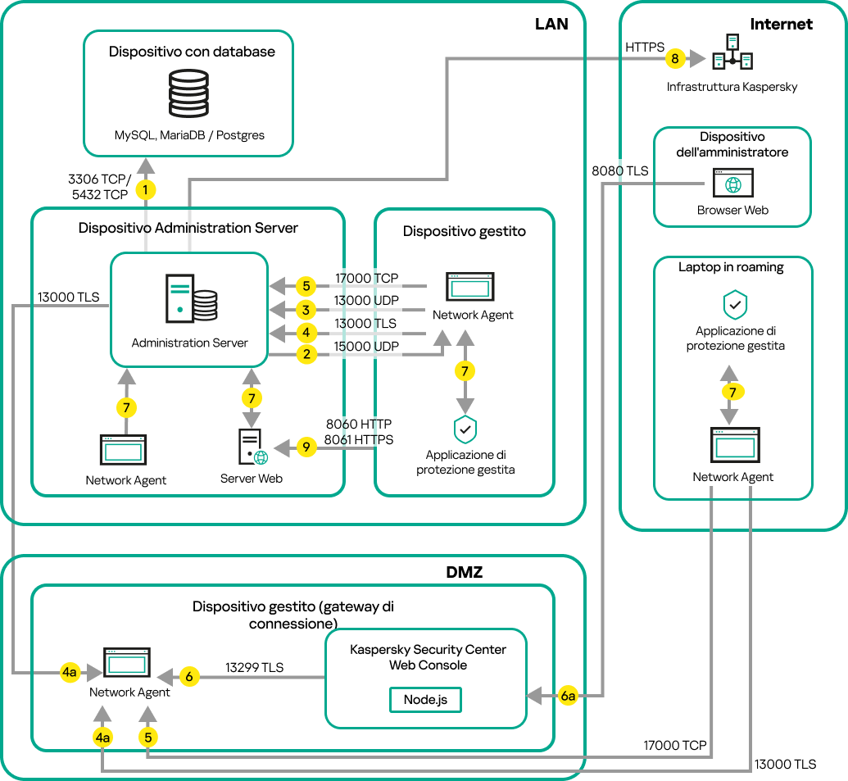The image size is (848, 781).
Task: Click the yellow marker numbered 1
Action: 146,189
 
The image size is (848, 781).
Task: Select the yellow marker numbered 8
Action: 674,59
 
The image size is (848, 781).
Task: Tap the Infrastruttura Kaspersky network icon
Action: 732,52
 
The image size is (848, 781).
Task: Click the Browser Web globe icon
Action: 732,184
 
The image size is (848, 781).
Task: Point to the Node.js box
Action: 425,699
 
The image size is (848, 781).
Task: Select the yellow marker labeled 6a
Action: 569,696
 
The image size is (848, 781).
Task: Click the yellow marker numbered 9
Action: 305,447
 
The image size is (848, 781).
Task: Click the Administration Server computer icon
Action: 190,300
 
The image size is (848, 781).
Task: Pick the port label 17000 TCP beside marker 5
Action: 366,279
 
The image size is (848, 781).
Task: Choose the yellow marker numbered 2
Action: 306,355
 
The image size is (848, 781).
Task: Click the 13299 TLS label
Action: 254,668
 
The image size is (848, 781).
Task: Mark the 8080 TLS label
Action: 619,171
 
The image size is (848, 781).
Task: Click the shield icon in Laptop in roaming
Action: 733,305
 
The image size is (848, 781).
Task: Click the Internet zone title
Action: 781,24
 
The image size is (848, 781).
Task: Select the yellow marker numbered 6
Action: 189,677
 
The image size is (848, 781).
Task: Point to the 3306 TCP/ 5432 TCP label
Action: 98,187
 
